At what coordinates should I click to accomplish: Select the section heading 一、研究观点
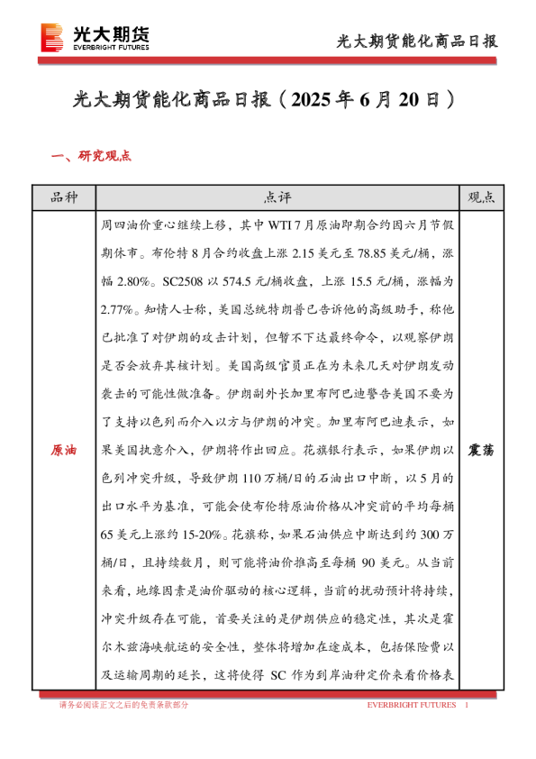click(92, 155)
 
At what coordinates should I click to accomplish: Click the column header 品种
click(64, 197)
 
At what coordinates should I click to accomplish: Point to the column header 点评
click(277, 197)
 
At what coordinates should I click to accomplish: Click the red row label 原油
click(64, 449)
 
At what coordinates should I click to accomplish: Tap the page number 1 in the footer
click(466, 704)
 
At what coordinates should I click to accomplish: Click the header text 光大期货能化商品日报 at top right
click(416, 41)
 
